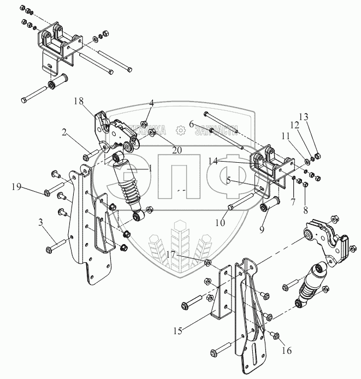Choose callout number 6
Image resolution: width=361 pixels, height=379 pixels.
[191, 125]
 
